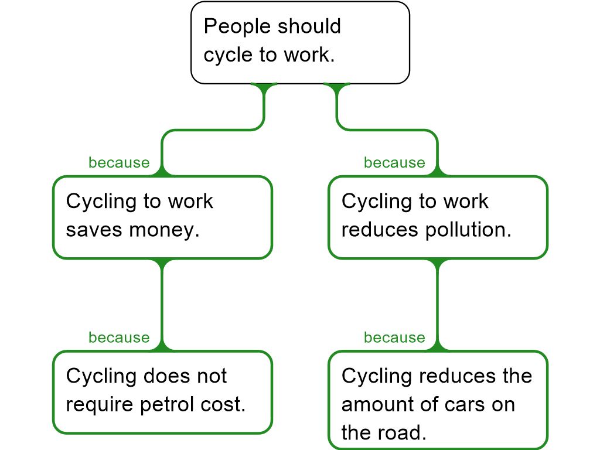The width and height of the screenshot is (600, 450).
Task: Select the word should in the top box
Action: pos(309,26)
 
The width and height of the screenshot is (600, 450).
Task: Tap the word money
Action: pos(165,230)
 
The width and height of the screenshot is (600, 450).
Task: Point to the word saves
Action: pos(94,230)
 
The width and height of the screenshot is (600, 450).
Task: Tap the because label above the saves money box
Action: pos(119,163)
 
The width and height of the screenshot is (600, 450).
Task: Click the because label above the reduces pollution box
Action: pos(394,163)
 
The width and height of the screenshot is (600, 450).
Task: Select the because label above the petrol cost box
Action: pos(119,337)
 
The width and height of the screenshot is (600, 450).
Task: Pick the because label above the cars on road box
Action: pos(394,337)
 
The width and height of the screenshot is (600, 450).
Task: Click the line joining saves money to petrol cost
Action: pos(163,305)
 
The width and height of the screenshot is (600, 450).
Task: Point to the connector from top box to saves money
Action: pos(213,129)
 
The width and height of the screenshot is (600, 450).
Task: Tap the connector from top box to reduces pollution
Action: pos(387,129)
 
